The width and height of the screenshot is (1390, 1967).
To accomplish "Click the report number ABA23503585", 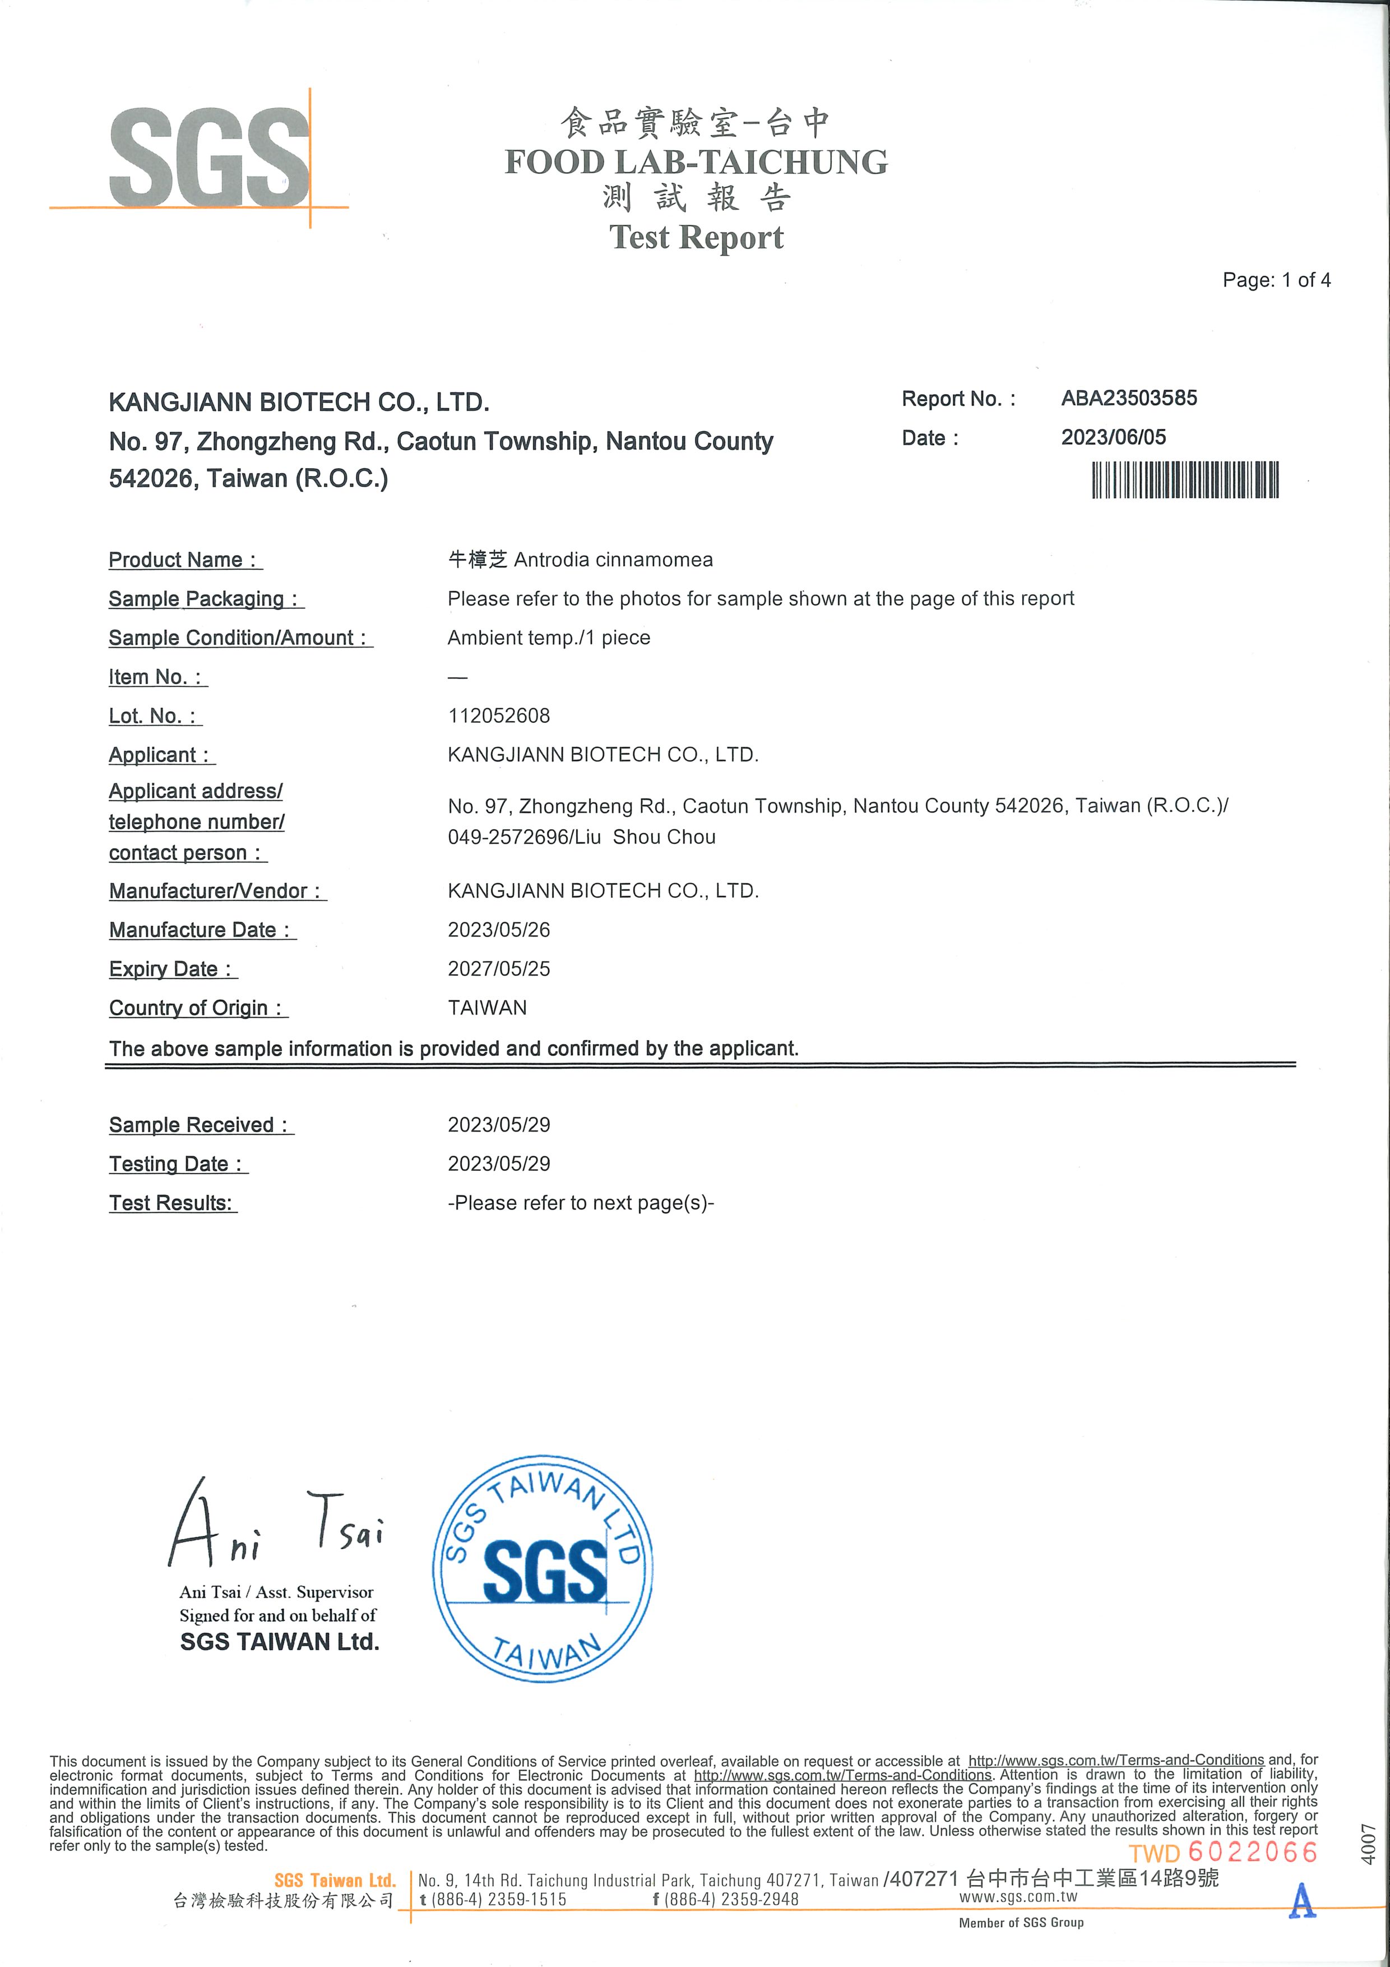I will pos(1129,398).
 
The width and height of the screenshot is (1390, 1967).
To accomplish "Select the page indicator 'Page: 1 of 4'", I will pos(1276,280).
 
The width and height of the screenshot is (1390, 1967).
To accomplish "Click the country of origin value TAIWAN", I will pos(486,1008).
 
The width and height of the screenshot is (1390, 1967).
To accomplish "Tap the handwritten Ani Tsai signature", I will pos(274,1525).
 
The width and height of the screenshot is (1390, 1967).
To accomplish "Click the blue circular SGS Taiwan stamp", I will pos(543,1569).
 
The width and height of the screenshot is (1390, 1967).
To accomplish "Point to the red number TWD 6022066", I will pos(1223,1853).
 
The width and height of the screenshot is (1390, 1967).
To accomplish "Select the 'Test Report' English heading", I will pos(696,237).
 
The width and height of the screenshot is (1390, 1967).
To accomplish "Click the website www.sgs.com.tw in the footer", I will pos(1017,1897).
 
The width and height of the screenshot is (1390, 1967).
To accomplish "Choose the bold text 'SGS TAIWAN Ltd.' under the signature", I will pos(279,1641).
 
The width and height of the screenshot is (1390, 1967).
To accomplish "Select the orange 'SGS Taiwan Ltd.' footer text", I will pos(335,1881).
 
